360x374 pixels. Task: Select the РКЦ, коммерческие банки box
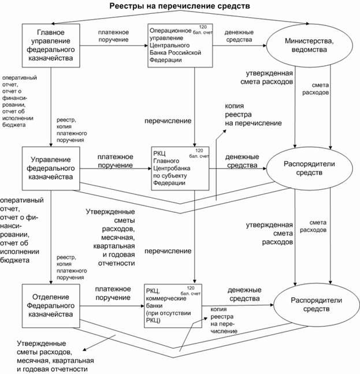coord(177,305)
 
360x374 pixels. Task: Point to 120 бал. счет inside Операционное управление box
coord(202,31)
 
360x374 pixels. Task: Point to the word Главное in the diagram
coord(50,32)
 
